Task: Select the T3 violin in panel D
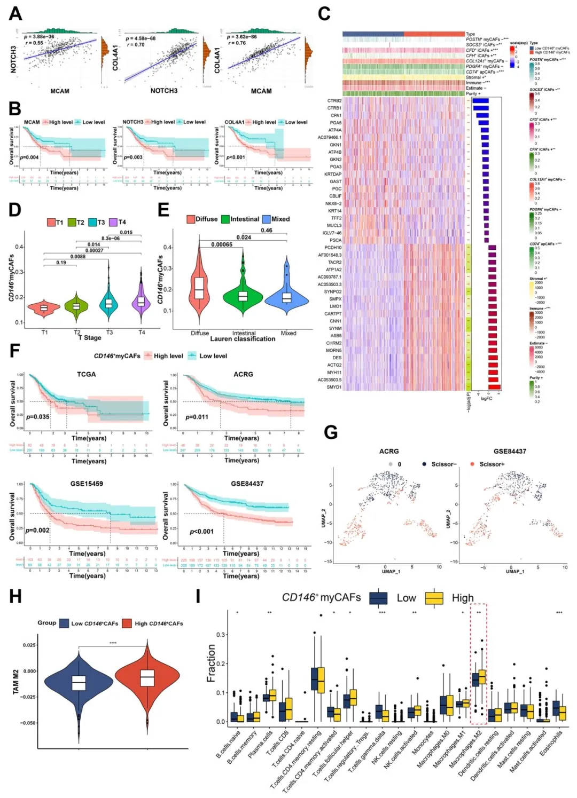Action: click(109, 304)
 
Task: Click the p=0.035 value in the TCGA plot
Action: click(38, 417)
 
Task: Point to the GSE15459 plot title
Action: click(87, 484)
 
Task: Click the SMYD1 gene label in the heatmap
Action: click(334, 387)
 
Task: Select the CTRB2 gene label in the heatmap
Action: click(334, 100)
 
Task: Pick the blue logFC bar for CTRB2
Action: click(480, 100)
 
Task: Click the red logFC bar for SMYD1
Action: click(494, 387)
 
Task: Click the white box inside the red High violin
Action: click(147, 678)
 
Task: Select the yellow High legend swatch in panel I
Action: click(434, 598)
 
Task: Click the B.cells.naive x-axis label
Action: click(229, 745)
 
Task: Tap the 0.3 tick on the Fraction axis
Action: click(221, 635)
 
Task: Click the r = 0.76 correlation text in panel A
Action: click(237, 43)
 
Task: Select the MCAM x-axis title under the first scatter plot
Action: click(60, 91)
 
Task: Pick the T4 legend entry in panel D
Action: click(118, 222)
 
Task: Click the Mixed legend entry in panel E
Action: click(276, 219)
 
